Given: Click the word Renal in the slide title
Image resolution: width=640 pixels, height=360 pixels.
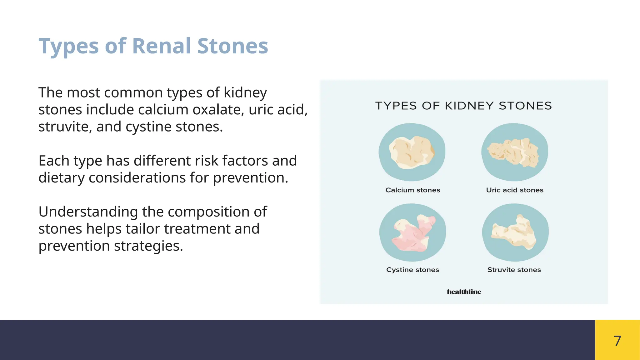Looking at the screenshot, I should [161, 46].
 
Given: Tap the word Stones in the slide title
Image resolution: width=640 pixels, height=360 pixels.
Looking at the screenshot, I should [232, 46].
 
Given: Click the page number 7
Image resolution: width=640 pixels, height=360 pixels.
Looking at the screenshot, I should [617, 341].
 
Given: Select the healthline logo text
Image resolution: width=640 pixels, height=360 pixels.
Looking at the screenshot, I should [464, 292].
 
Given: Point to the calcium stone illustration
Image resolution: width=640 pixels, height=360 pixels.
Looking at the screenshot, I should [412, 152].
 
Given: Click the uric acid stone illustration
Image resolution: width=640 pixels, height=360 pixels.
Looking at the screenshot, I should [514, 152].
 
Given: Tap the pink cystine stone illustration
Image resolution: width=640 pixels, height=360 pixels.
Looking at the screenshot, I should [412, 233].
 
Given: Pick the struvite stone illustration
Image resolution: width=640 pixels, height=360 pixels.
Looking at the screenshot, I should [514, 233].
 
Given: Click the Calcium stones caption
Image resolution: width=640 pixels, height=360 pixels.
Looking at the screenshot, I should [412, 190].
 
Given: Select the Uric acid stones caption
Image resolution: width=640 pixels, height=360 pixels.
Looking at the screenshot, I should [514, 190].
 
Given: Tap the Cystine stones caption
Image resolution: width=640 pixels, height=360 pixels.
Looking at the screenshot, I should [412, 270].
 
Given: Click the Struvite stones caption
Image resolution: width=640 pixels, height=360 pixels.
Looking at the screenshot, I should [514, 270].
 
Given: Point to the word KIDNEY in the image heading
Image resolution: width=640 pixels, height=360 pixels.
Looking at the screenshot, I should [469, 106].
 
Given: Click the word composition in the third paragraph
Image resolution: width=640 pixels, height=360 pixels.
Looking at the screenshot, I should [211, 212].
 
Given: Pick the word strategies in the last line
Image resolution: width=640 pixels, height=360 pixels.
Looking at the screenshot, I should [148, 246].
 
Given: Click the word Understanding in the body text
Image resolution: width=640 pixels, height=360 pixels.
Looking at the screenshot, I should [88, 212].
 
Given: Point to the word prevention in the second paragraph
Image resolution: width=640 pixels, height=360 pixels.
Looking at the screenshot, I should [250, 178].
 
